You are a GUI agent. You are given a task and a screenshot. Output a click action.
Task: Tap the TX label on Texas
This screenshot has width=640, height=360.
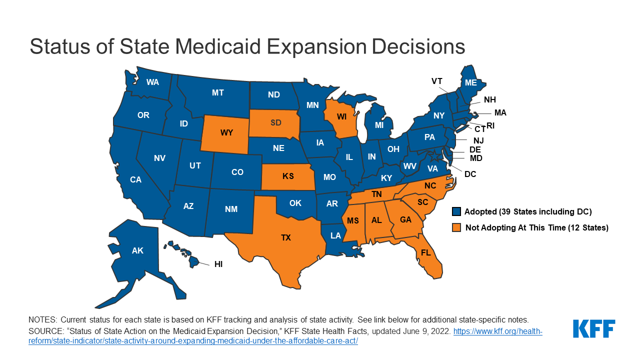[285, 237]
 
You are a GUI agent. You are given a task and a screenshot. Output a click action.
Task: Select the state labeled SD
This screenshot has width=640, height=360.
[276, 122]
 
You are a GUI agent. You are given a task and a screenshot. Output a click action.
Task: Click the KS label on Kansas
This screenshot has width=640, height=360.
[288, 176]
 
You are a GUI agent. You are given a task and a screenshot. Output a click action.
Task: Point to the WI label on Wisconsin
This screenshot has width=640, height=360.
[341, 116]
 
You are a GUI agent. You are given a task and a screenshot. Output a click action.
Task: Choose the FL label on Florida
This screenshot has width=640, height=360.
[425, 252]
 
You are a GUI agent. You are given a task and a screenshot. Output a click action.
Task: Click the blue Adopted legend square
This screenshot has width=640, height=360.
[455, 211]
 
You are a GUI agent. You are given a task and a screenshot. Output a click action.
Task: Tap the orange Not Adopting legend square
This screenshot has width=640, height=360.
[455, 227]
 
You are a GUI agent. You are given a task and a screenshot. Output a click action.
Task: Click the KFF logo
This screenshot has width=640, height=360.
[594, 328]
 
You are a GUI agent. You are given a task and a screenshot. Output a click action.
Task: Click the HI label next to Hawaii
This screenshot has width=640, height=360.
[218, 264]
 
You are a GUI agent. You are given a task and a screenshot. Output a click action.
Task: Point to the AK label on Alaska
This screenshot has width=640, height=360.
[137, 250]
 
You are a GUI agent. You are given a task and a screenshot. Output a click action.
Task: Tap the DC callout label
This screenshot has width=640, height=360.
[470, 174]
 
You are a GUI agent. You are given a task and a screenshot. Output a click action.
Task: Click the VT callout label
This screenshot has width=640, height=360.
[437, 81]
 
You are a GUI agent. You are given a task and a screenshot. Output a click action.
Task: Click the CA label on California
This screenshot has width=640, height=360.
[135, 179]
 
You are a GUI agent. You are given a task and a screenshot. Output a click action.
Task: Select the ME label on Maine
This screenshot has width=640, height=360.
[470, 83]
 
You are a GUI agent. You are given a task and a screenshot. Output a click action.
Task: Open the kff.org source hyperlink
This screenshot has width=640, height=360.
[497, 332]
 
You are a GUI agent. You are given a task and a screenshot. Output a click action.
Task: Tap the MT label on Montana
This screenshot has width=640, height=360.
[217, 92]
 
